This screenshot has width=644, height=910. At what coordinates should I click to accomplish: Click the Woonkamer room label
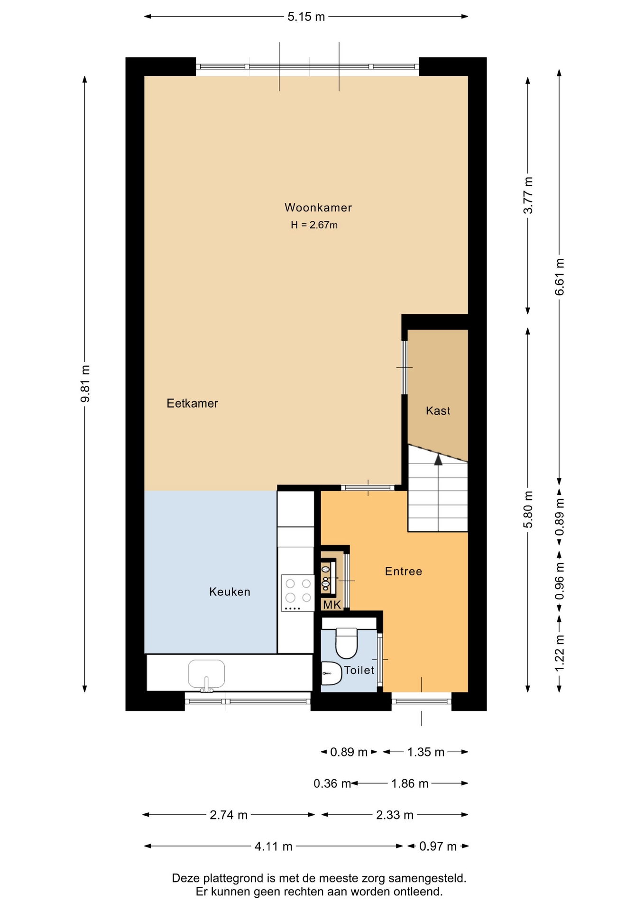tap(318, 208)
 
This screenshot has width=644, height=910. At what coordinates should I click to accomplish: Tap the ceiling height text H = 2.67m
tap(314, 225)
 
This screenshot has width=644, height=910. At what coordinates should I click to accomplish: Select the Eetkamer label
tap(192, 403)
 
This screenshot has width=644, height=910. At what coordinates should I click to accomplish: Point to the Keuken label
tap(230, 591)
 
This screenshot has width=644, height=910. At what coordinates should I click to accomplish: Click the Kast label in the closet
tap(438, 411)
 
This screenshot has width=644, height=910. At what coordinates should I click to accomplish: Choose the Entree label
tap(404, 571)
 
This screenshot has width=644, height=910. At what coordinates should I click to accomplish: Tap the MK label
tap(332, 605)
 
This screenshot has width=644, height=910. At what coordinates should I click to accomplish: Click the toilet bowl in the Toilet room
tap(346, 643)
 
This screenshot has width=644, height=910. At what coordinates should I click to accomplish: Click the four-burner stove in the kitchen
tap(298, 593)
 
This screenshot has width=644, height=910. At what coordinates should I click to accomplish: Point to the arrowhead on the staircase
tap(438, 459)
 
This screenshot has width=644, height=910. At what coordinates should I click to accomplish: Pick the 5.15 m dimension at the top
tap(306, 17)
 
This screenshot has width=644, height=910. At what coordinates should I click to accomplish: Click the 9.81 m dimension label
tap(85, 383)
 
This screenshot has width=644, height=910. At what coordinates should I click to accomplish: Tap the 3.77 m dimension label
tap(528, 195)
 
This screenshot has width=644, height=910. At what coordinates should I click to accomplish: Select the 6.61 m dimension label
tap(560, 277)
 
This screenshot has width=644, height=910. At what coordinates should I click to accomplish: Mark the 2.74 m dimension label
tap(229, 815)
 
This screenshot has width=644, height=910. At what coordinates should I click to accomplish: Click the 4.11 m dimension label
tap(274, 846)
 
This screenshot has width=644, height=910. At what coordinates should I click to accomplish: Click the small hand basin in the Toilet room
tap(331, 673)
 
